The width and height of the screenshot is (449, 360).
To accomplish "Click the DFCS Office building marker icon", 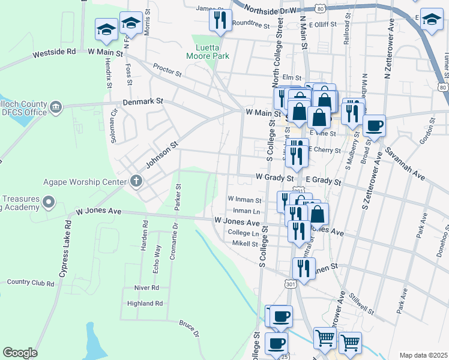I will coord(56,107).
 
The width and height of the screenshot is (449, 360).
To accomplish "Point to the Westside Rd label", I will coord(54,52).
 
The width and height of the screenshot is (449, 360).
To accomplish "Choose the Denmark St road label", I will coord(143,102).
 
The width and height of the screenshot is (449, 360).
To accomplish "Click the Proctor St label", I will coord(167,70).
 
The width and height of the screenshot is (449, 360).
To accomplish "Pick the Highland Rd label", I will coord(145,304).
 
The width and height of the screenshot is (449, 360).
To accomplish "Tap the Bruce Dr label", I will coord(188,327).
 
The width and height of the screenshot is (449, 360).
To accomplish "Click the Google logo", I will coord(20,353).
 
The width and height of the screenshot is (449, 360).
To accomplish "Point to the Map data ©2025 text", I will coord(423,355).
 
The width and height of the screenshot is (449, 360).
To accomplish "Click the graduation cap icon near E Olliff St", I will coord(432,19).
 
